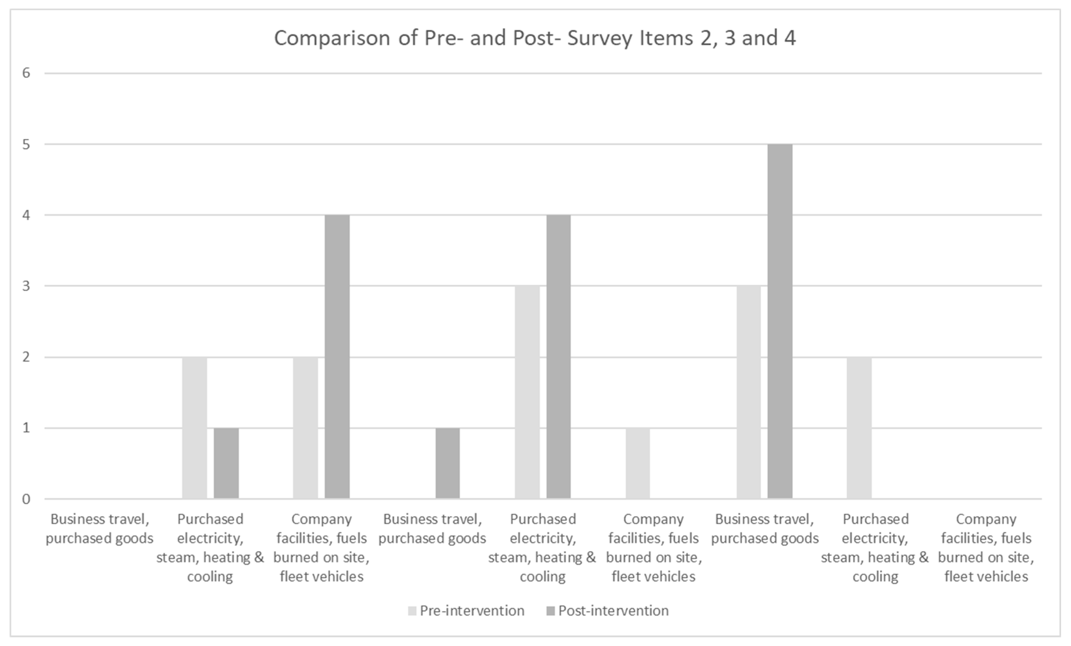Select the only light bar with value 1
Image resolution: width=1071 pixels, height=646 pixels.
tap(638, 463)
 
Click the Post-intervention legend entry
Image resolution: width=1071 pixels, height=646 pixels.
tap(607, 611)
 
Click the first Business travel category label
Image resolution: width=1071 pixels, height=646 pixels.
tap(99, 529)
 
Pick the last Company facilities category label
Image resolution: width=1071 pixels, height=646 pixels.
tap(986, 548)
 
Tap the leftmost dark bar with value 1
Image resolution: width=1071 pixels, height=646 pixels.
tap(226, 463)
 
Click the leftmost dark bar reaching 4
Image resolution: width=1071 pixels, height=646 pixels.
tap(337, 357)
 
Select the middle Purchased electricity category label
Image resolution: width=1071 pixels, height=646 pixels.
tap(542, 548)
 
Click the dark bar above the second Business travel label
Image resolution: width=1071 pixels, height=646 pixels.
tap(447, 463)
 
